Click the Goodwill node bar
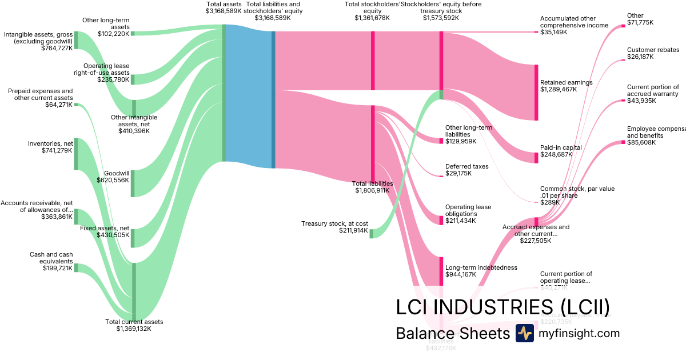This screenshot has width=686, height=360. pos(133,183)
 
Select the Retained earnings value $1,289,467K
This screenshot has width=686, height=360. pos(559,90)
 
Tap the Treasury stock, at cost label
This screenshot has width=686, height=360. pos(334,223)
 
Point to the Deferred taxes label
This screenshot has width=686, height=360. pos(467,166)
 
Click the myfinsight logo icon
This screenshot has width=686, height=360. pos(524,333)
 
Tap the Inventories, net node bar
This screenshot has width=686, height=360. pos(75,154)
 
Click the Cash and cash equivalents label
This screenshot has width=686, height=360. pos(51,258)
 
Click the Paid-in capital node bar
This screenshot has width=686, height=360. pos(536,158)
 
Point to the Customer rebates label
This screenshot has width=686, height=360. pos(653,50)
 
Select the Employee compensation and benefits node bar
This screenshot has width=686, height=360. pos(624,142)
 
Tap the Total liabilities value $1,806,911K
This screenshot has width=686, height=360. pos(372,190)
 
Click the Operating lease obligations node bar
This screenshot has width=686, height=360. pos(441,220)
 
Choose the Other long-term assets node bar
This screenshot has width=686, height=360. pos(133,33)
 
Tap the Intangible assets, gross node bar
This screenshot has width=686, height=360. pos(75,40)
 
